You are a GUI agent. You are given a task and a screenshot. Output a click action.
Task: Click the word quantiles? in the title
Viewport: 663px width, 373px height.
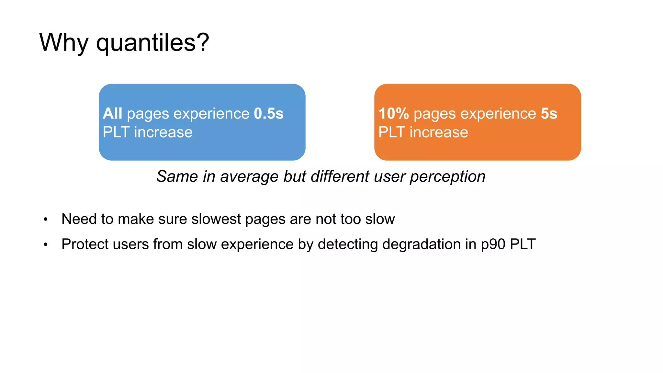152,43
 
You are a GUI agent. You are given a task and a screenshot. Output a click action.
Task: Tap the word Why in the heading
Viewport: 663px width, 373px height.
64,43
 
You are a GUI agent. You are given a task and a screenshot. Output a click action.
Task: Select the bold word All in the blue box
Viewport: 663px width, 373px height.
112,114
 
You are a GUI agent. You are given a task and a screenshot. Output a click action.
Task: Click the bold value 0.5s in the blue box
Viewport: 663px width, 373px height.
268,114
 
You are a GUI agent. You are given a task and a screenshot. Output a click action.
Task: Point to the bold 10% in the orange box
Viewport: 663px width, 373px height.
394,114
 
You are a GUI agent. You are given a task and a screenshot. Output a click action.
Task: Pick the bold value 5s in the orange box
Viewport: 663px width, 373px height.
549,114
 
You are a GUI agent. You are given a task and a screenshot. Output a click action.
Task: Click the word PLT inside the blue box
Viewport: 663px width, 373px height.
116,132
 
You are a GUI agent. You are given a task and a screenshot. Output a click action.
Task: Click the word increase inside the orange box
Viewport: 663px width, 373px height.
439,132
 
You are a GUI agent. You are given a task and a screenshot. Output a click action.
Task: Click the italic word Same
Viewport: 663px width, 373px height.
177,177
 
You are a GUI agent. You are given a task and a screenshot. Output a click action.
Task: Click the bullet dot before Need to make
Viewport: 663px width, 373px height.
46,220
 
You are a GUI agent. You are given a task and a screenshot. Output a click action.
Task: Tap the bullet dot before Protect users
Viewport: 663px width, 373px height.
46,245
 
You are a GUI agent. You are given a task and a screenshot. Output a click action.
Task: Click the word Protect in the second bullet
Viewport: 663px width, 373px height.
85,244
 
